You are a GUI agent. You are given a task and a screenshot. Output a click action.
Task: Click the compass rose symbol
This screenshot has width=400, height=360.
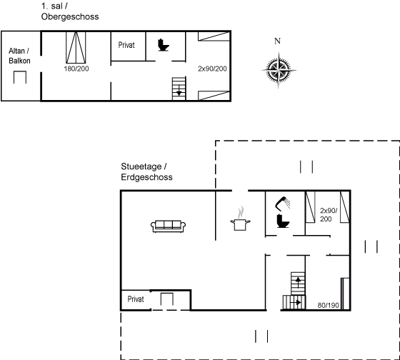point(279,70)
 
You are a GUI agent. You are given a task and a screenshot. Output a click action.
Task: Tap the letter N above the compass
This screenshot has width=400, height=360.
point(277,41)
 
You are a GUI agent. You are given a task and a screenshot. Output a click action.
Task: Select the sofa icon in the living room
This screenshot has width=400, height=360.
point(168,226)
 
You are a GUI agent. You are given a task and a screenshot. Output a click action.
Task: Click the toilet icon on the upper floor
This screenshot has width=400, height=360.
point(164,45)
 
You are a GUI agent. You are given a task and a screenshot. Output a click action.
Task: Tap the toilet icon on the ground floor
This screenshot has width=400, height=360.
point(283,221)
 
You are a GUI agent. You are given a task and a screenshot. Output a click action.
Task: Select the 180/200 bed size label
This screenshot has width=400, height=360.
point(76,69)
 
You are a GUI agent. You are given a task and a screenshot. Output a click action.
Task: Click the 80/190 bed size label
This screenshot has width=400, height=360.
point(328,305)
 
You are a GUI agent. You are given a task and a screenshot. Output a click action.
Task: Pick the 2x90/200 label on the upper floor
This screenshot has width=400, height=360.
point(212,69)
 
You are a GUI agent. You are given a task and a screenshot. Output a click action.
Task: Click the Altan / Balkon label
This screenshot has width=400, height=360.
point(19,56)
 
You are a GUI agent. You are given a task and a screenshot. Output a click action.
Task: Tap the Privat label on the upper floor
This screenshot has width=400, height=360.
point(126,45)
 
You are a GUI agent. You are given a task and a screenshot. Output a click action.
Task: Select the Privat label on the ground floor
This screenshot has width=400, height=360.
point(136,299)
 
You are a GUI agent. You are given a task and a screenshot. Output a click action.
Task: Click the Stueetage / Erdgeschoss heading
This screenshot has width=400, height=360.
point(146,171)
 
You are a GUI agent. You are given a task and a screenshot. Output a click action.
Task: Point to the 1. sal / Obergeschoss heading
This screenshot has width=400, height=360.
point(70,11)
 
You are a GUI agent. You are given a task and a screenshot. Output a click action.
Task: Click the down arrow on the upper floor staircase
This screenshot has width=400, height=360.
point(179,91)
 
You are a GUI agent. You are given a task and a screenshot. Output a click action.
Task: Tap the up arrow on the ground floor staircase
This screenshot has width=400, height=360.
point(298,282)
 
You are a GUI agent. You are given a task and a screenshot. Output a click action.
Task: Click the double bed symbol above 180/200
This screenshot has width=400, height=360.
point(76,47)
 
